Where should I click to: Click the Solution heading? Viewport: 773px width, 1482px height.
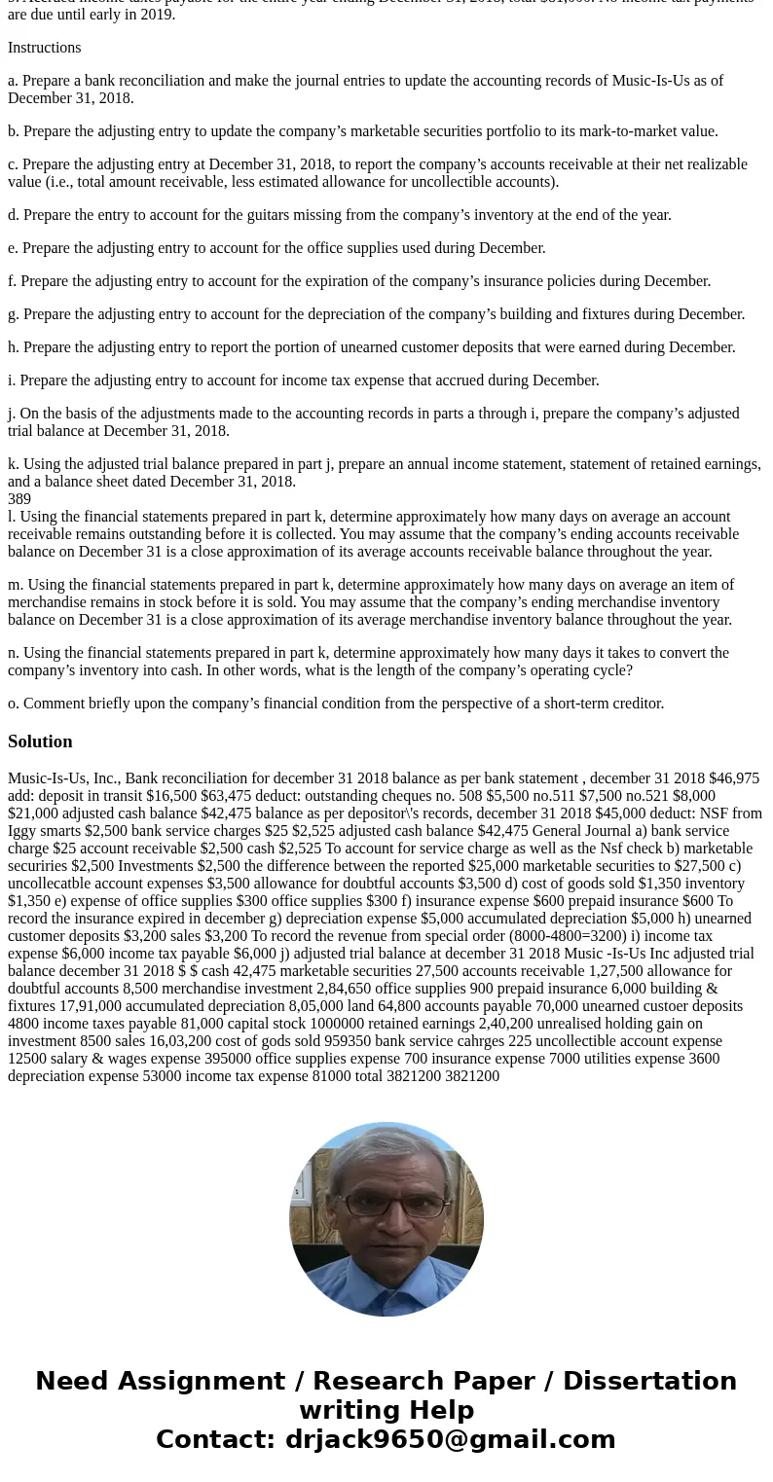point(40,741)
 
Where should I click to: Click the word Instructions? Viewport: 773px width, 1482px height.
point(44,48)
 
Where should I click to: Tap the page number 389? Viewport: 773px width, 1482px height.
point(19,499)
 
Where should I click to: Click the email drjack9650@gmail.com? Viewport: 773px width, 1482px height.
point(450,1439)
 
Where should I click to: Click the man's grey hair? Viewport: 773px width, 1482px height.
point(386,1151)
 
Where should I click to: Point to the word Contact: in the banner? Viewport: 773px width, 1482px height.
point(216,1439)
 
